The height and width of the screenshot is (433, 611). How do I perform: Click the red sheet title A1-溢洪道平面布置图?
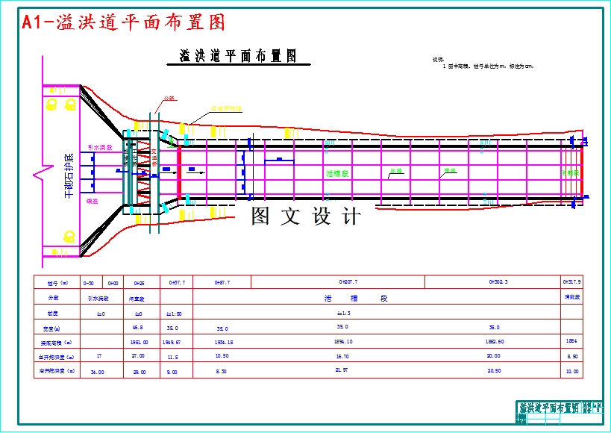124,22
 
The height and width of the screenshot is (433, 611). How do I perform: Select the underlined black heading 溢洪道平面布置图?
239,56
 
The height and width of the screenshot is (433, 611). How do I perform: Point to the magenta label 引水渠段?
100,148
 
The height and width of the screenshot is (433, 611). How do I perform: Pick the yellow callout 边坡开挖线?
226,109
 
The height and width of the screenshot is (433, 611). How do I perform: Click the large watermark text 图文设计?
306,216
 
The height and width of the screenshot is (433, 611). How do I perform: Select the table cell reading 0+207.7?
348,282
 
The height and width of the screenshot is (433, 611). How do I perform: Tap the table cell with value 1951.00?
140,341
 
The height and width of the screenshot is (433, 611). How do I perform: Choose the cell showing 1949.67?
172,341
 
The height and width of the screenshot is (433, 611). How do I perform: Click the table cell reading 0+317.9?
571,282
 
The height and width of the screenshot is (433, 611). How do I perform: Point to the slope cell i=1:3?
343,314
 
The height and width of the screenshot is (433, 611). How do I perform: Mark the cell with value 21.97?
342,370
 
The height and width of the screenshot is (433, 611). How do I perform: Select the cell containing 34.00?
97,371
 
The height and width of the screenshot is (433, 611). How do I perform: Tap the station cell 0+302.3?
498,282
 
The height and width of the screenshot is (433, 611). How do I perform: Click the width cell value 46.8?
138,328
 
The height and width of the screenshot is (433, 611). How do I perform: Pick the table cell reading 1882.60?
495,341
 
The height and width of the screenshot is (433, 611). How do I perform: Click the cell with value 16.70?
342,356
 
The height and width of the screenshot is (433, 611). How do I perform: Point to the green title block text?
549,408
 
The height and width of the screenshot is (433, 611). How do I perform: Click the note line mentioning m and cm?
489,66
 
